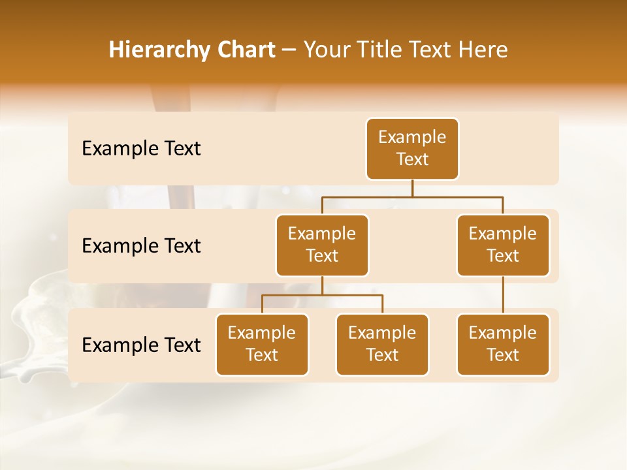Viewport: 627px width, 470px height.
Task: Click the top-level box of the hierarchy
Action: pyautogui.click(x=412, y=149)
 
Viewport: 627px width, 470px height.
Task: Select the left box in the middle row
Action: pyautogui.click(x=322, y=245)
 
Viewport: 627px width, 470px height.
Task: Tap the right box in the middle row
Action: pyautogui.click(x=503, y=245)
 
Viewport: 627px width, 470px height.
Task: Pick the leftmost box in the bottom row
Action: pyautogui.click(x=262, y=345)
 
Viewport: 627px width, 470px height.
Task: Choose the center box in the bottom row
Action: pyautogui.click(x=382, y=345)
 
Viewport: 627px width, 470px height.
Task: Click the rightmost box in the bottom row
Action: pyautogui.click(x=503, y=345)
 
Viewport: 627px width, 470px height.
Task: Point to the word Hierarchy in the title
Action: pyautogui.click(x=160, y=50)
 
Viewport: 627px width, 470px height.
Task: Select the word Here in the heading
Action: pyautogui.click(x=483, y=50)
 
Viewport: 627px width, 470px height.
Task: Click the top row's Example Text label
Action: pyautogui.click(x=141, y=149)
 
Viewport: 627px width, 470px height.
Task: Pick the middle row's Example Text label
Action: pyautogui.click(x=141, y=246)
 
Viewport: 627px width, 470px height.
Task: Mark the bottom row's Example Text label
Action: pyautogui.click(x=141, y=345)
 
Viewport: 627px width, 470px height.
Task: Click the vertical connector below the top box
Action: pyautogui.click(x=412, y=188)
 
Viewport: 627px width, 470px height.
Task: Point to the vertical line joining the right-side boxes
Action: pyautogui.click(x=503, y=295)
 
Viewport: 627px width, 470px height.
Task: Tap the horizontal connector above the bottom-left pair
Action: pyautogui.click(x=322, y=295)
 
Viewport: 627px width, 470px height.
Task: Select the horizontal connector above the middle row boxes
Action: pyautogui.click(x=412, y=196)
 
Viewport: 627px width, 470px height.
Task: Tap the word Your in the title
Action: pyautogui.click(x=325, y=50)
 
